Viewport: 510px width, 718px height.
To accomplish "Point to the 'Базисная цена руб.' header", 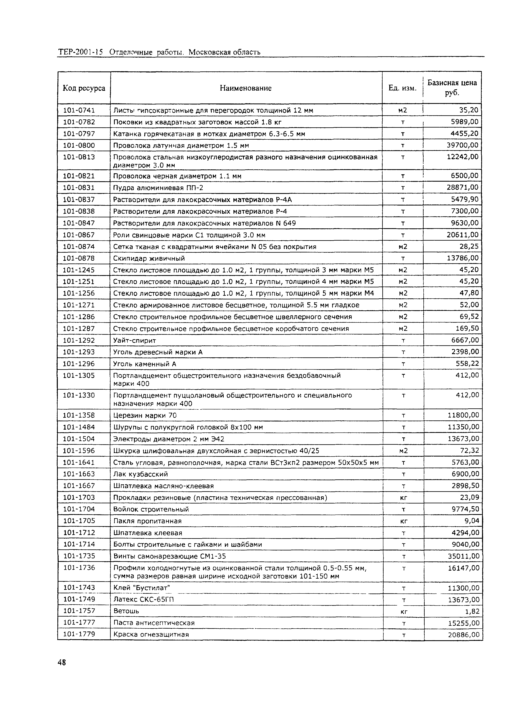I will pyautogui.click(x=452, y=88).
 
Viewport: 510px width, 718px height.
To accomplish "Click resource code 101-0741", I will pyautogui.click(x=79, y=110).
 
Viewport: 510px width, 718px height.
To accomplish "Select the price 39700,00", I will pyautogui.click(x=463, y=145).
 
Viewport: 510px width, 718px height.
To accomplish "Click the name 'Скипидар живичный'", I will pyautogui.click(x=149, y=258).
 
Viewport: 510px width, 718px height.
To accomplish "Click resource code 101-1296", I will pyautogui.click(x=79, y=364).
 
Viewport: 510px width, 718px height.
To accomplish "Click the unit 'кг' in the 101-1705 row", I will pyautogui.click(x=404, y=521).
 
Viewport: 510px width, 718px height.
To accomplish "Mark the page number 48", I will pyautogui.click(x=62, y=662).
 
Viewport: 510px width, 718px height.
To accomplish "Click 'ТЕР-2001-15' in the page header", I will pyautogui.click(x=80, y=52).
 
